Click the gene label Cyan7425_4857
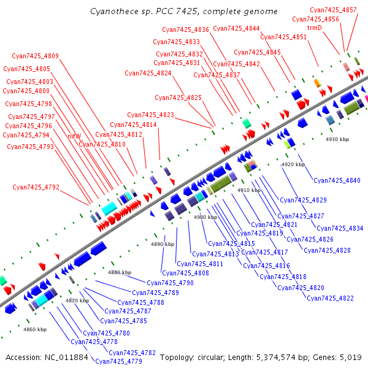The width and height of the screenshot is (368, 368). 333,10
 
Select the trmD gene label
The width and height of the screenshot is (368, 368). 314,28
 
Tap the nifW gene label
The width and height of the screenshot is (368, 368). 74,136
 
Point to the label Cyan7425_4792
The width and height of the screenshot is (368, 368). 36,187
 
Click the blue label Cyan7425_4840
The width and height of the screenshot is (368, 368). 337,180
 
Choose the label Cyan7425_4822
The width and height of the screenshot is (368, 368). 330,298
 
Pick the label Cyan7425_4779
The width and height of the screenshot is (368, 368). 118,361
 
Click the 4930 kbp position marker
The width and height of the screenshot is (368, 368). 337,140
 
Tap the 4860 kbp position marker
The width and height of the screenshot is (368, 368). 35,329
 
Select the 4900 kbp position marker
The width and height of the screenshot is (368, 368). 205,217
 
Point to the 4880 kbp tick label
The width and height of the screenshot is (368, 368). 120,272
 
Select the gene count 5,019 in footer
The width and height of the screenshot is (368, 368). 350,357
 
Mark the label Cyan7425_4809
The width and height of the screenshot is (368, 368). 36,56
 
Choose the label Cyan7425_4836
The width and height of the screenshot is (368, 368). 185,29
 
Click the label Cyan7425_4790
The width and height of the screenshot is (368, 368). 170,283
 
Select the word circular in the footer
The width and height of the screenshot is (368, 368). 217,357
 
